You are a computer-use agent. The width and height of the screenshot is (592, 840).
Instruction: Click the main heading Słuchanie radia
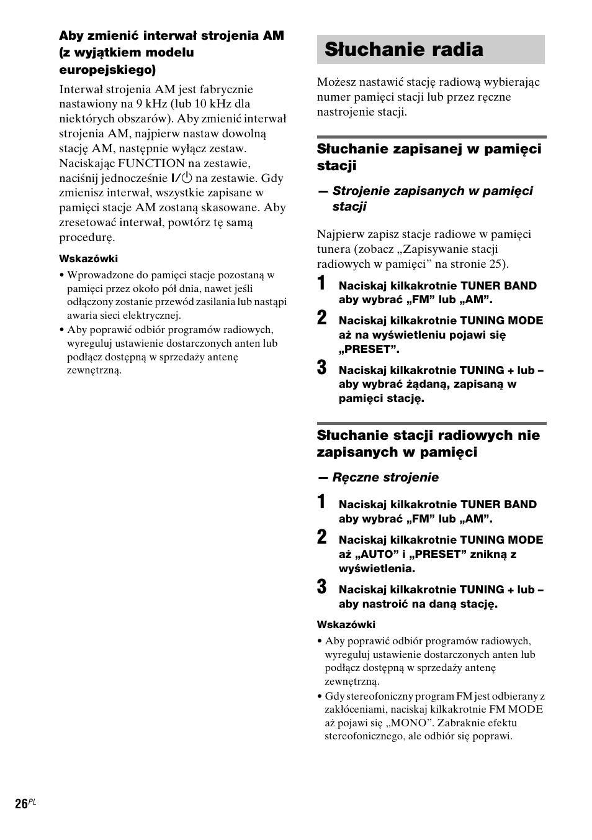tap(403, 50)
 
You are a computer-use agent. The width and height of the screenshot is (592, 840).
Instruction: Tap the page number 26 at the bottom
tap(21, 803)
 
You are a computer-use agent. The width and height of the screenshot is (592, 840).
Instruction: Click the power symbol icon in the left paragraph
tap(186, 178)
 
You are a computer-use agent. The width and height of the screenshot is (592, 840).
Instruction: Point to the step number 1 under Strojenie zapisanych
tap(321, 284)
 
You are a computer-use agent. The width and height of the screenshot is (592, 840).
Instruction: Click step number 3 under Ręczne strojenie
tap(321, 587)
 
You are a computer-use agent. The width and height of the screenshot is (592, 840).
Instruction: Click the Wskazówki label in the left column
tap(88, 258)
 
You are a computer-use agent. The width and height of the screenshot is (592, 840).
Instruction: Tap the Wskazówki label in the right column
tap(346, 624)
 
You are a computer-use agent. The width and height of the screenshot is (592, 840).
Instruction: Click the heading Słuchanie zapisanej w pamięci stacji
tap(428, 157)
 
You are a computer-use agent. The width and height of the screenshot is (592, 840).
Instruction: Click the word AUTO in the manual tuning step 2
tap(375, 554)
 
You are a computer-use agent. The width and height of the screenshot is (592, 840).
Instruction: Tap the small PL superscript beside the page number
tap(33, 801)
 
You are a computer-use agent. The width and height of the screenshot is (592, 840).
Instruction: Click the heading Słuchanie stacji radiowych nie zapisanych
tap(428, 443)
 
